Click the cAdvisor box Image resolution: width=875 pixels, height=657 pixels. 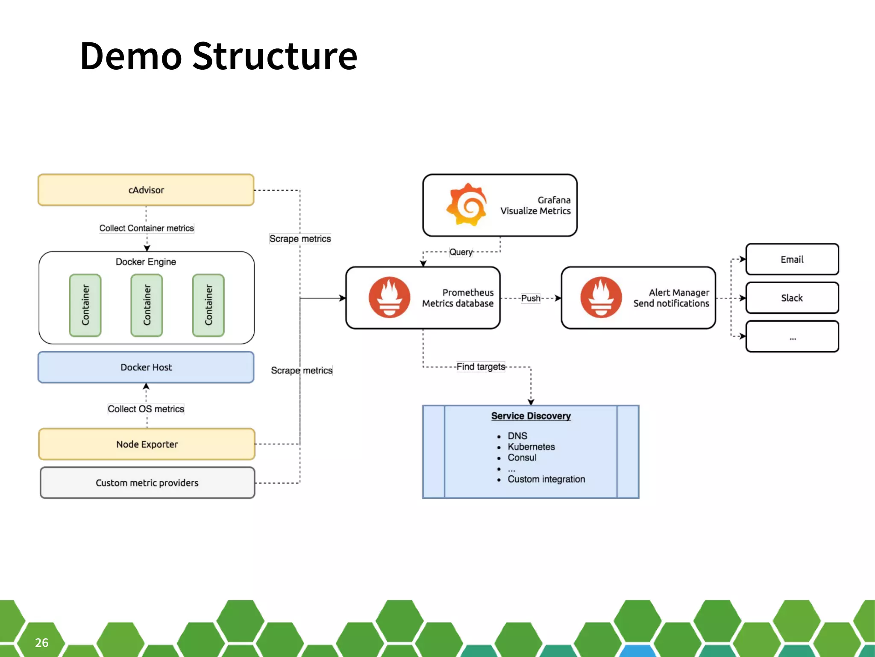point(146,190)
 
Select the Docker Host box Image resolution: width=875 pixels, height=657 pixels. point(146,367)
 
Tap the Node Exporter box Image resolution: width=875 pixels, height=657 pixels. point(147,444)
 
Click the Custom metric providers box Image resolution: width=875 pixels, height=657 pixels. point(147,482)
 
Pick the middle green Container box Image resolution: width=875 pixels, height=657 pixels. point(147,305)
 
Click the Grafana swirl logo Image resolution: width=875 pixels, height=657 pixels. point(467,204)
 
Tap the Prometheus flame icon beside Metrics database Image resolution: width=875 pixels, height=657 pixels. point(389,297)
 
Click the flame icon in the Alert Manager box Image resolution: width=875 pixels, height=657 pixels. point(601,297)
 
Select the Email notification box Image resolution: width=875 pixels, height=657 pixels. point(792,259)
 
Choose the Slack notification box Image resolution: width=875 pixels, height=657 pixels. point(792,298)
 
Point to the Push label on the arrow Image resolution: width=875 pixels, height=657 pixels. point(530,298)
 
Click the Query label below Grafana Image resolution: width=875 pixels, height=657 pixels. point(461,252)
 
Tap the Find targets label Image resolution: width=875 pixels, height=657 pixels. point(480,367)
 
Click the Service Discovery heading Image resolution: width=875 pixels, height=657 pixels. point(531,416)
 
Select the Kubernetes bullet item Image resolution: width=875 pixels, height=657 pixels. point(531,447)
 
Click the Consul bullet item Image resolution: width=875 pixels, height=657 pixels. point(522,457)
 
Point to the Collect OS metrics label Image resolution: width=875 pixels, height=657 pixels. point(146,408)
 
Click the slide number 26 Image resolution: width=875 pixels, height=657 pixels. point(41,642)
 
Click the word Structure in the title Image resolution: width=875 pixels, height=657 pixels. point(274,56)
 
